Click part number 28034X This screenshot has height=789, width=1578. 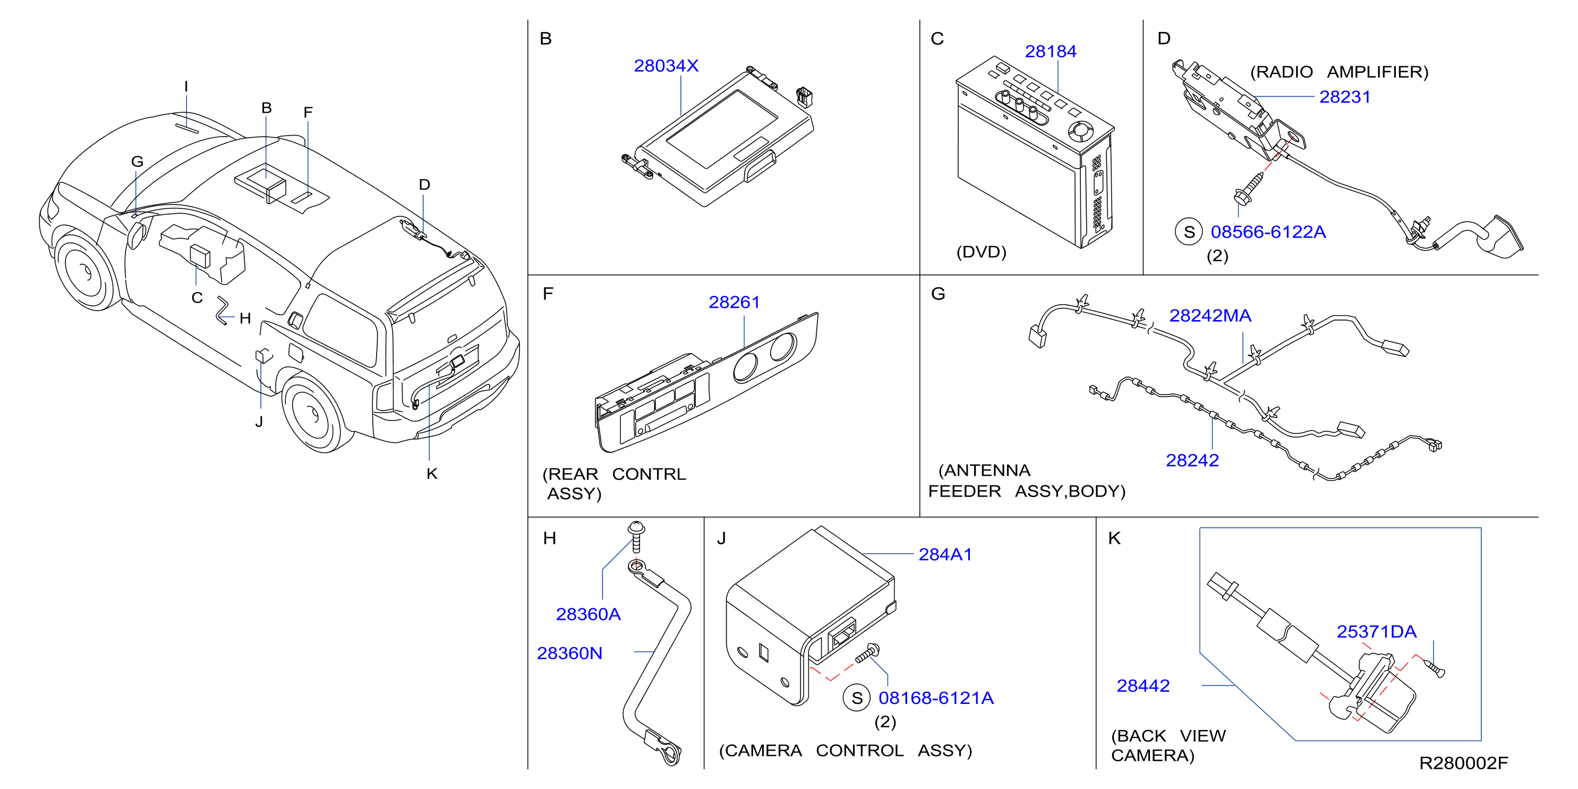666,65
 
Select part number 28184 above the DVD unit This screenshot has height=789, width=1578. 1051,52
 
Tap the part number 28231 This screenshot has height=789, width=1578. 1345,97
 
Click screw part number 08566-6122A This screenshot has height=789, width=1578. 1268,232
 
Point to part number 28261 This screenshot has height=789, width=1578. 734,302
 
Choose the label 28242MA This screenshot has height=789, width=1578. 1210,316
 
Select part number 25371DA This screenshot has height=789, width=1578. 1377,632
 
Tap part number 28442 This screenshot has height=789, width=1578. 1143,685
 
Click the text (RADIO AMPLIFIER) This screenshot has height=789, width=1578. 1339,72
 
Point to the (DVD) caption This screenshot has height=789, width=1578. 982,252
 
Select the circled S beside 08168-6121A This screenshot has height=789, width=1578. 857,698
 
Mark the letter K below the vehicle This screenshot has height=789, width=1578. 432,474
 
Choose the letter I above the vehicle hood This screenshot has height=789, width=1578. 186,87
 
